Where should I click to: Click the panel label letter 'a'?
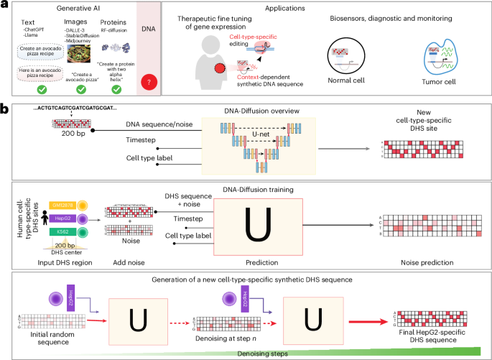pos(4,5)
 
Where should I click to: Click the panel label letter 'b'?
pos(4,108)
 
